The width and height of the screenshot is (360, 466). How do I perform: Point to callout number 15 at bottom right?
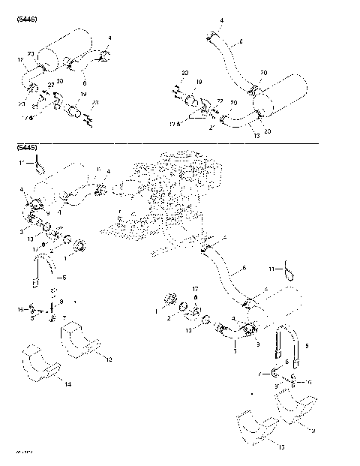click(280, 448)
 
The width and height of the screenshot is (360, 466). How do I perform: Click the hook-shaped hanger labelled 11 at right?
click(289, 269)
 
